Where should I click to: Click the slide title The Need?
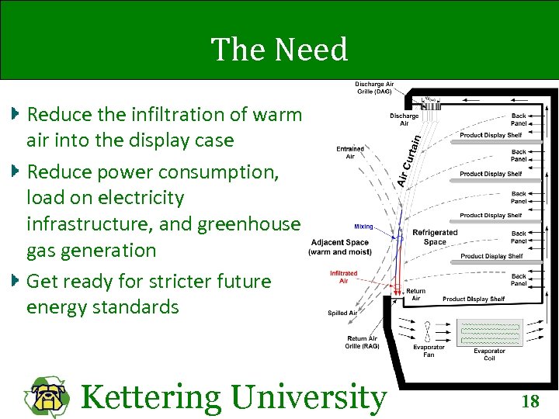click(x=279, y=50)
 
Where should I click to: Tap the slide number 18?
click(x=530, y=401)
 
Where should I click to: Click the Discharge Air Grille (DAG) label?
click(x=373, y=88)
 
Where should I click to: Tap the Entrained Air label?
click(x=350, y=153)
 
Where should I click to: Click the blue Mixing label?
click(x=363, y=227)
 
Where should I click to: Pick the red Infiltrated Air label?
click(x=343, y=276)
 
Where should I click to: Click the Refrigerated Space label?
click(x=435, y=237)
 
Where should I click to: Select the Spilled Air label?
click(x=342, y=313)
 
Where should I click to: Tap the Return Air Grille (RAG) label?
click(x=363, y=342)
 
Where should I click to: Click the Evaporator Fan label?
click(x=429, y=351)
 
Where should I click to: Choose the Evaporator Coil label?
click(x=490, y=354)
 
